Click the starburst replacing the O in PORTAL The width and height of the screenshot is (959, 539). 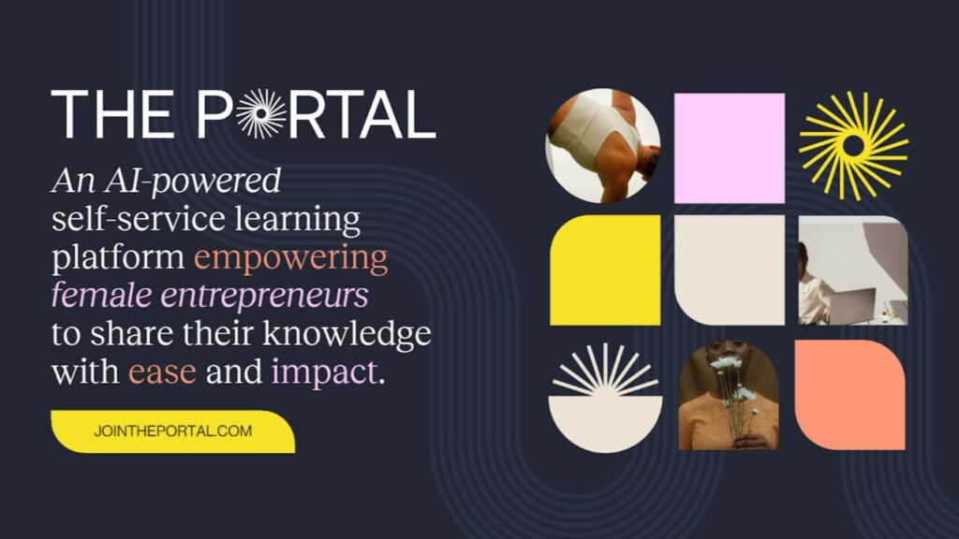pos(261,113)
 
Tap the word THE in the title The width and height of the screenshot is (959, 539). pos(112,114)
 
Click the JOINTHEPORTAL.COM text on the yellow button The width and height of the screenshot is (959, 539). pos(173,430)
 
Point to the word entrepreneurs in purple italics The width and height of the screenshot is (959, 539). pos(264,295)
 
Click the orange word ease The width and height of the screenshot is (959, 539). pos(162,371)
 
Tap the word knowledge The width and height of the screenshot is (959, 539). pos(347,334)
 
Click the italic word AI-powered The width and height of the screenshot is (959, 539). pos(193,181)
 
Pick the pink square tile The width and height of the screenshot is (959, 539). pos(729,148)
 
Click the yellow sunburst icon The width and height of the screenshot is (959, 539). pos(853,145)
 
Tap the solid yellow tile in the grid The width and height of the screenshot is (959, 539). pos(605,269)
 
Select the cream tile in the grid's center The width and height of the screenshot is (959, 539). pos(729,269)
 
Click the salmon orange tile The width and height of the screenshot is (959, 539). pos(850,395)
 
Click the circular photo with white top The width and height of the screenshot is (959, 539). pos(603,145)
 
